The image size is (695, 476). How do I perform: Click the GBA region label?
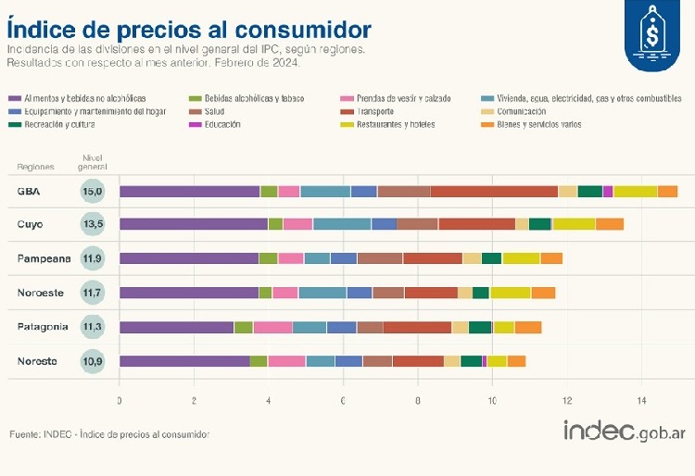tap(29, 192)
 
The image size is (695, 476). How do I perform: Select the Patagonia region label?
tap(42, 327)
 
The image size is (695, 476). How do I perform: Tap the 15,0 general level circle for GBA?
tap(93, 192)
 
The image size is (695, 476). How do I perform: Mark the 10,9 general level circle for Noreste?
tap(93, 361)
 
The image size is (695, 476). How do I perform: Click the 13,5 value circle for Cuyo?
tap(93, 225)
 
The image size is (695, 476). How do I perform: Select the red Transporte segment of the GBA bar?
tap(494, 192)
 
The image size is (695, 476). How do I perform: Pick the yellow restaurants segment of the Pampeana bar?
tap(521, 258)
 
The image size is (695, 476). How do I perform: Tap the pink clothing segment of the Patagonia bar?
tap(272, 327)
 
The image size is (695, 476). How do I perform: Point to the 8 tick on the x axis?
tap(418, 400)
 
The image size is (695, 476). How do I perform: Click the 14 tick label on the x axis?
tap(641, 400)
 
